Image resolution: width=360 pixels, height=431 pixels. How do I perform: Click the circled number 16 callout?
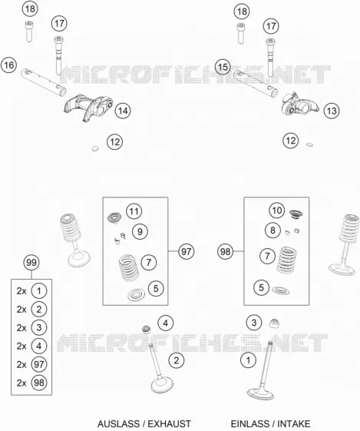[8, 65]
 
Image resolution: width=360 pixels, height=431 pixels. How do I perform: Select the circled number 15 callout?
[223, 67]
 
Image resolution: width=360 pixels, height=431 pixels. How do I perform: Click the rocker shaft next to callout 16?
[44, 82]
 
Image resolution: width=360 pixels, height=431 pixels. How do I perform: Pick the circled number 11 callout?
[134, 211]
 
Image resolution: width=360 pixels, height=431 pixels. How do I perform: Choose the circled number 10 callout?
[277, 211]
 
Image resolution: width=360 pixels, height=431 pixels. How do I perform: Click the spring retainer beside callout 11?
[114, 218]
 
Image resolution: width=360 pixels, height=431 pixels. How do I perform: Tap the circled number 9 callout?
[140, 231]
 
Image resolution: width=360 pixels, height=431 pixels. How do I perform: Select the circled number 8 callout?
[272, 230]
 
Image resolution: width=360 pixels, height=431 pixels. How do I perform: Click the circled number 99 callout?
[31, 262]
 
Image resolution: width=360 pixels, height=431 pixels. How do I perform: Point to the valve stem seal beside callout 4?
[147, 329]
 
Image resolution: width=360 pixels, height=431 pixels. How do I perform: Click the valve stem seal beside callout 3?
[274, 323]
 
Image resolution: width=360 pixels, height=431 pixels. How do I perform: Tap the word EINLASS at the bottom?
[249, 423]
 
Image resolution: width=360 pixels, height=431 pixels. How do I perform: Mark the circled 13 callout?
[332, 111]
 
